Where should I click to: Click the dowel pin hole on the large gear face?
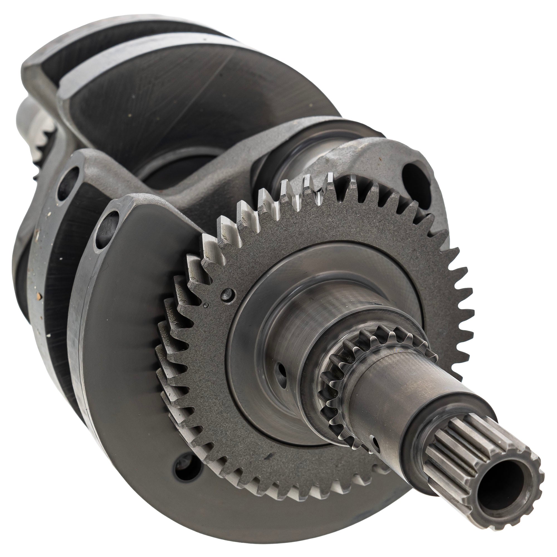click(228, 294)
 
